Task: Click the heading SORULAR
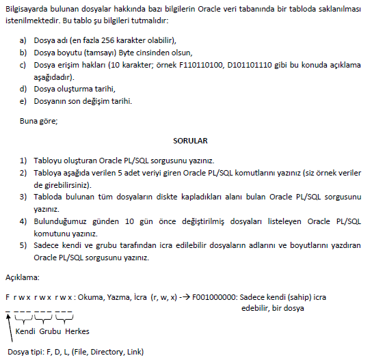[190, 140]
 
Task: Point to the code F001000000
[215, 297]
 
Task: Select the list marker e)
[23, 102]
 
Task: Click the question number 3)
[23, 197]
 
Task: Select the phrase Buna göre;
[38, 121]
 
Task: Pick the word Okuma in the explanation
[91, 297]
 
